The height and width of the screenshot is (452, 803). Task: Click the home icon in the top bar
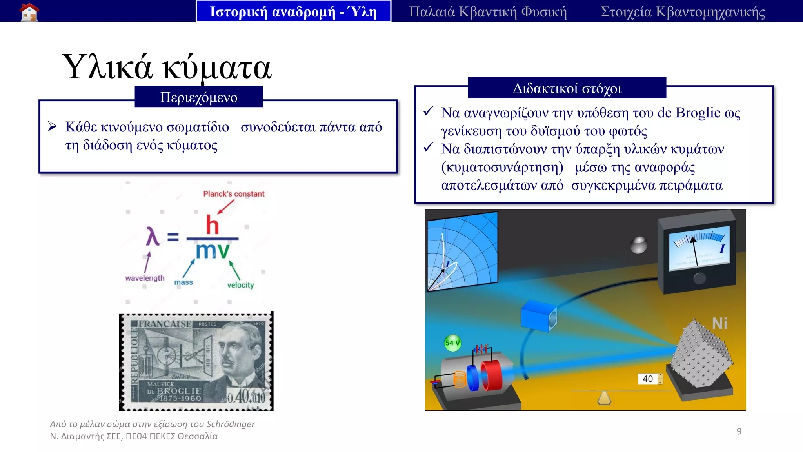[x=29, y=11]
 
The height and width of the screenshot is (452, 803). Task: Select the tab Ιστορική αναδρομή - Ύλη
[x=293, y=11]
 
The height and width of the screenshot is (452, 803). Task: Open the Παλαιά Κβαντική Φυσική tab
[x=488, y=11]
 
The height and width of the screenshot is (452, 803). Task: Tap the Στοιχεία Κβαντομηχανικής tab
[x=683, y=11]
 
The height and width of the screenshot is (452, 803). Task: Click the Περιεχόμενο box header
[x=199, y=97]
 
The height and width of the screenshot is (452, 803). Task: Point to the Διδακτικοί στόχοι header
[x=567, y=88]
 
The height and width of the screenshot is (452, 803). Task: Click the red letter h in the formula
[x=213, y=225]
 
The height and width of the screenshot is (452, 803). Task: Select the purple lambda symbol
[x=153, y=236]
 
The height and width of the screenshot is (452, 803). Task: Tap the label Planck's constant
[x=234, y=194]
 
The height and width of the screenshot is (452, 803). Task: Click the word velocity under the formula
[x=240, y=285]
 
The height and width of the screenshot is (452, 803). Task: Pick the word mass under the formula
[x=183, y=282]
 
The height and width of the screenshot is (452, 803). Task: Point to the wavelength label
[x=145, y=278]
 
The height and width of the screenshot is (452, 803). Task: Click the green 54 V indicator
[x=452, y=343]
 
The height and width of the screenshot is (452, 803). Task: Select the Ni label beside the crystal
[x=719, y=324]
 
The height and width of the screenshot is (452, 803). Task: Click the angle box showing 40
[x=648, y=379]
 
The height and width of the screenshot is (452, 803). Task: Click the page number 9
[x=739, y=431]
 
